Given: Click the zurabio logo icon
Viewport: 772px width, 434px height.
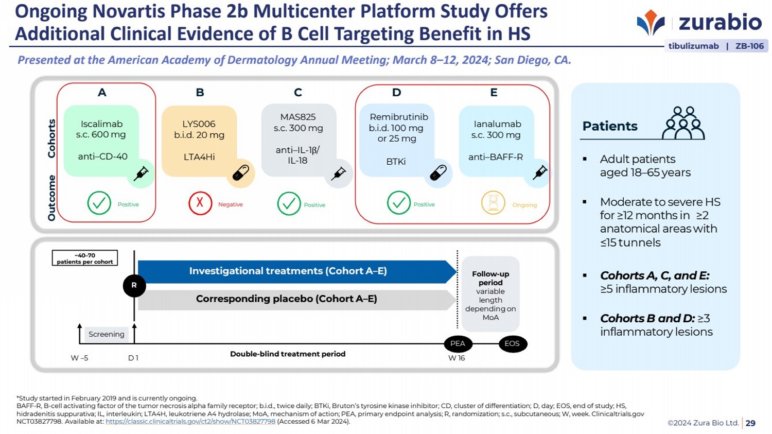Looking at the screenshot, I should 651,23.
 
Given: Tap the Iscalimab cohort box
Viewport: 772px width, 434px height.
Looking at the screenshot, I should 101,140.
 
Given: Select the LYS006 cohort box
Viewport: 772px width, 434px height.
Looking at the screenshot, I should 199,141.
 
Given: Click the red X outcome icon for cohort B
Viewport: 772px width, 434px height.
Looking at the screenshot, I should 200,203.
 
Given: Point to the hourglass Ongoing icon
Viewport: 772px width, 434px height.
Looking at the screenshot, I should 493,203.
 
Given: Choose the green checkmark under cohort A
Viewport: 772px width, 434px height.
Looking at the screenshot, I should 99,203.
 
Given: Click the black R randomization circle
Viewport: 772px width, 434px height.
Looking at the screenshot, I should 134,285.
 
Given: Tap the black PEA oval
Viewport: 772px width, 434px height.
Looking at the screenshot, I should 458,343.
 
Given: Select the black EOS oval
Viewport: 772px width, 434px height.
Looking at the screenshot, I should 512,343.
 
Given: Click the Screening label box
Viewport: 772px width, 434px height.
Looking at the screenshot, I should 107,334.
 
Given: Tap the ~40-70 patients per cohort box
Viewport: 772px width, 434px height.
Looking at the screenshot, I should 85,258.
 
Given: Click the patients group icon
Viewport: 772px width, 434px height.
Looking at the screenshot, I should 683,123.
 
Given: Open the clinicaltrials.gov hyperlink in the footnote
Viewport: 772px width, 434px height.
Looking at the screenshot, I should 190,422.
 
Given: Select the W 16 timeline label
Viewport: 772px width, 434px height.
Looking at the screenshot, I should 457,358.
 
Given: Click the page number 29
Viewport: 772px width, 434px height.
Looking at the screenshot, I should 751,423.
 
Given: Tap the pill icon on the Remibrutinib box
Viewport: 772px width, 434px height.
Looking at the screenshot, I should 438,172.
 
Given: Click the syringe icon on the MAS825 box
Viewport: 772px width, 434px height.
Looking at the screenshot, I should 339,173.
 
